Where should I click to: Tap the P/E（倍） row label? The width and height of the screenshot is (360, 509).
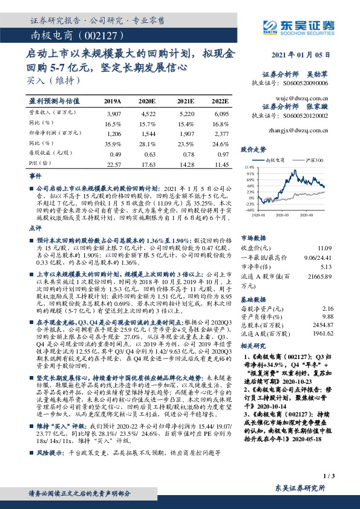pyautogui.click(x=38, y=164)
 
